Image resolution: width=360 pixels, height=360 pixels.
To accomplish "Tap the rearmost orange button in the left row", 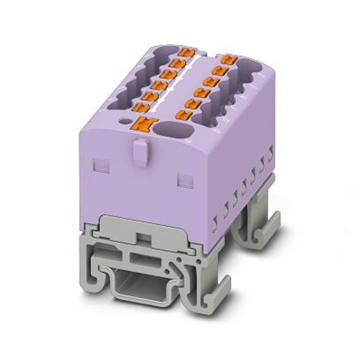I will [187, 52].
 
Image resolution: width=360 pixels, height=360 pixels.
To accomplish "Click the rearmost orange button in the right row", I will [229, 59].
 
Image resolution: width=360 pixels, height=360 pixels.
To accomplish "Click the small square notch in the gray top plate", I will [144, 236].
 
